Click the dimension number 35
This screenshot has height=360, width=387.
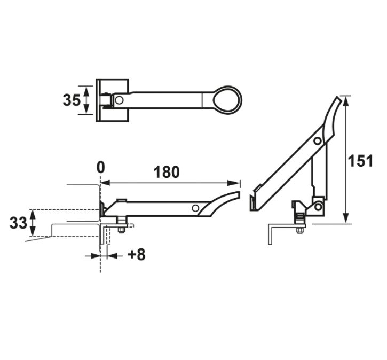coord(71,100)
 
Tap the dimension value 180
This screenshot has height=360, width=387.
coord(167,172)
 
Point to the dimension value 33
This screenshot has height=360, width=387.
coord(18,223)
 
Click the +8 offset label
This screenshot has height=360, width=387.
coord(136,255)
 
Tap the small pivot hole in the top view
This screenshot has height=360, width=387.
coord(119,100)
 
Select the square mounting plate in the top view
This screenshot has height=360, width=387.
coord(112,100)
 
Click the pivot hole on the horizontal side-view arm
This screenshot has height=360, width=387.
coord(196,208)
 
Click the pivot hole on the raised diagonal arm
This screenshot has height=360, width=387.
coord(318,141)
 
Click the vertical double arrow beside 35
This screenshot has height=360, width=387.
coord(86,100)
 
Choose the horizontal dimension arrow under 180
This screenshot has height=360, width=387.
coord(170,183)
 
